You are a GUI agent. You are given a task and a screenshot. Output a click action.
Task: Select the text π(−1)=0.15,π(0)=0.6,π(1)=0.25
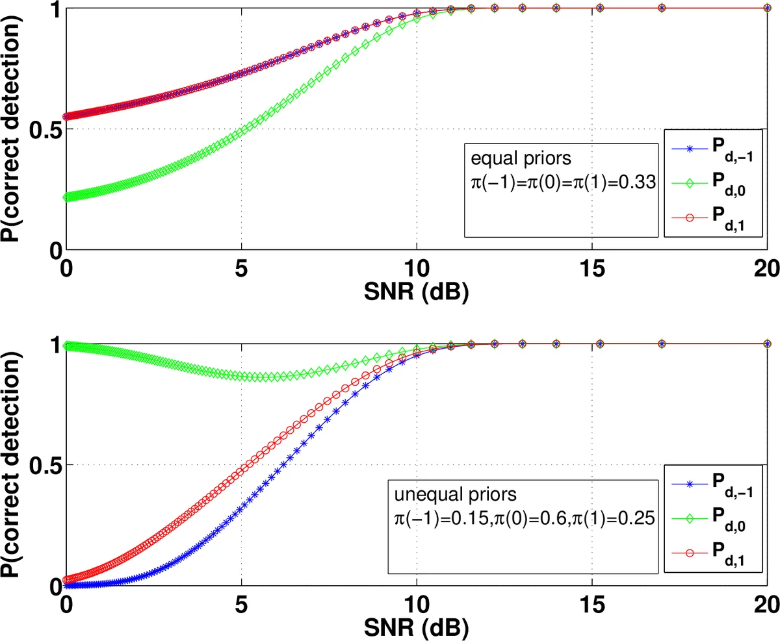pos(519,520)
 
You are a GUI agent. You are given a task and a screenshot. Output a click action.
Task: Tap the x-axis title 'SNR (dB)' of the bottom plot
pos(417,627)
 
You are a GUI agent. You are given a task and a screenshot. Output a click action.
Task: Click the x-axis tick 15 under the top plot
pos(592,269)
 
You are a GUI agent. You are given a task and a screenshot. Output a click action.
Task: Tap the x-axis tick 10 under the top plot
pos(417,269)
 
